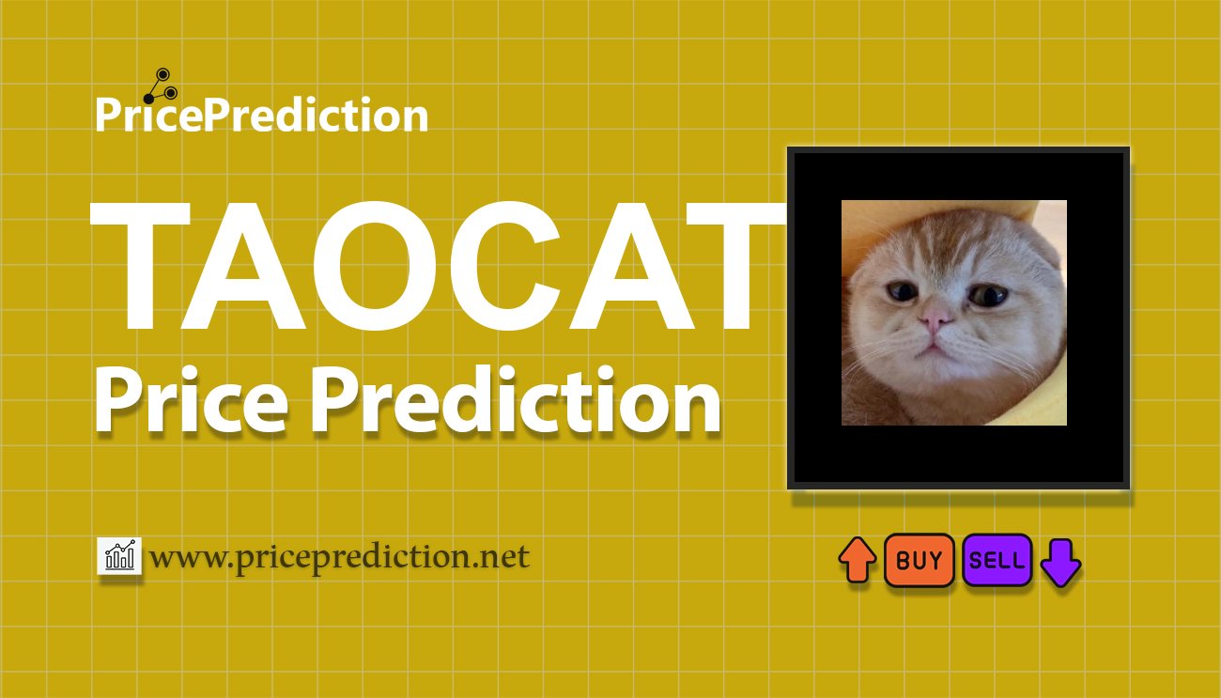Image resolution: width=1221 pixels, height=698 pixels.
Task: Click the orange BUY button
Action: tap(919, 560)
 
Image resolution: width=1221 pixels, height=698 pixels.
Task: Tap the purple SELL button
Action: tap(997, 560)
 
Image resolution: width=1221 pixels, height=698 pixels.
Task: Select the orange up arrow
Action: tap(858, 560)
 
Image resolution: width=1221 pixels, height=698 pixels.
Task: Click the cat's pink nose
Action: tap(935, 319)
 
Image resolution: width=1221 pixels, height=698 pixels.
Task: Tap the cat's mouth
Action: tap(935, 349)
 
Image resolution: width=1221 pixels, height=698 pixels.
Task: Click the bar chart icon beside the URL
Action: tap(119, 556)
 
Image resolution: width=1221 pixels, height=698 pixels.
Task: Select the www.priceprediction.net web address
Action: tap(340, 557)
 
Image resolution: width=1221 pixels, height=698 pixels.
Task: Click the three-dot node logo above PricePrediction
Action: tap(161, 86)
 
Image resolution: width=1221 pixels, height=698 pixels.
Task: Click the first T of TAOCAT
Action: tap(140, 266)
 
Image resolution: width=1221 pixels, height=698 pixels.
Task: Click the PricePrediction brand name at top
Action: tap(262, 115)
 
